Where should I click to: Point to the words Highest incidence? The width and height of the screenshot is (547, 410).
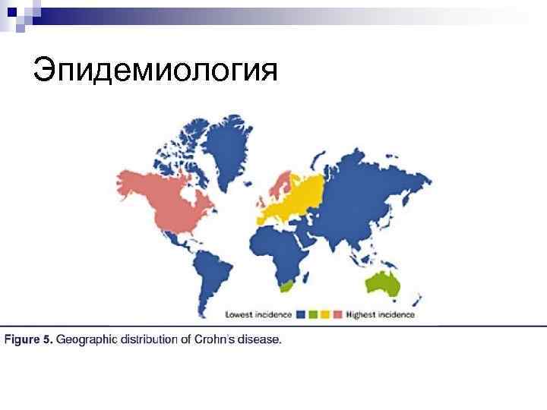[x=380, y=313]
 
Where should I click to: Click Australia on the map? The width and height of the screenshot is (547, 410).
[x=384, y=284]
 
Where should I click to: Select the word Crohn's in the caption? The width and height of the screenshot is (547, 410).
[x=213, y=339]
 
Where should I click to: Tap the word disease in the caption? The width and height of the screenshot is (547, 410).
[x=258, y=339]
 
